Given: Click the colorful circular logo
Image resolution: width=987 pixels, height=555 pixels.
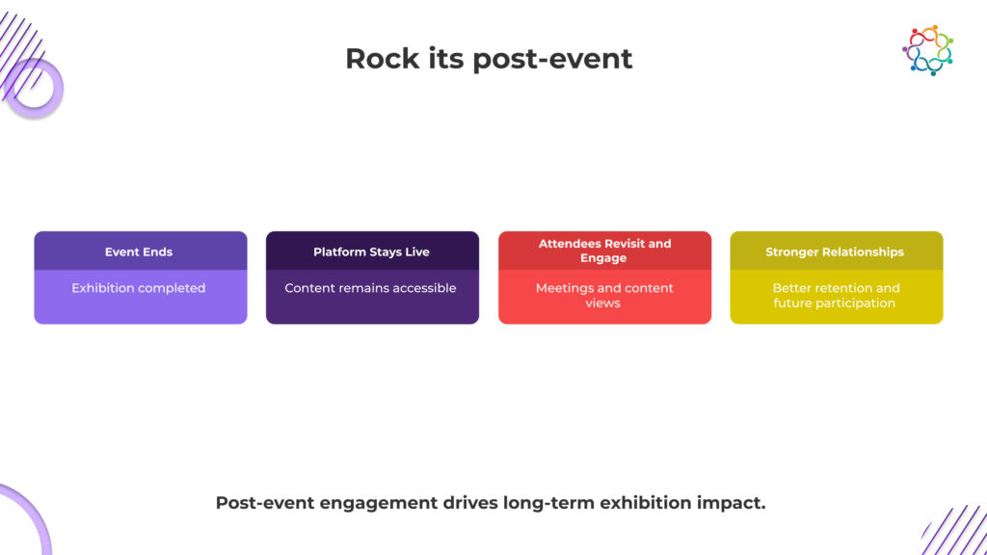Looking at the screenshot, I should point(927,50).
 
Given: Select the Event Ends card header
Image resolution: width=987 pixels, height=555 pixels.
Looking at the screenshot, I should point(139,251).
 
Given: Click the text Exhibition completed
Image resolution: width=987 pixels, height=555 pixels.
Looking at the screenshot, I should point(139,288).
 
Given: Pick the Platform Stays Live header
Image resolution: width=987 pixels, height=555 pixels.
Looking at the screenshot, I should point(371,251).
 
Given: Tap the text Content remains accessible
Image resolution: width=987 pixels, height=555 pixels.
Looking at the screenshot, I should point(371,288).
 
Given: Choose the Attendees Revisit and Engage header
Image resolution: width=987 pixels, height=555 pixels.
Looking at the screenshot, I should point(604,251).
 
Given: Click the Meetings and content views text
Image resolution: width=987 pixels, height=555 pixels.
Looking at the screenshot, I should point(604,295).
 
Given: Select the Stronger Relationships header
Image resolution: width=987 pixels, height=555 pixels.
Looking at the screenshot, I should point(835,251).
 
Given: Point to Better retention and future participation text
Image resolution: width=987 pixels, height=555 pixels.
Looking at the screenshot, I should point(835,295).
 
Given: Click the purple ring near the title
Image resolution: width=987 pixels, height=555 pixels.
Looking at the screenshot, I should point(35,88).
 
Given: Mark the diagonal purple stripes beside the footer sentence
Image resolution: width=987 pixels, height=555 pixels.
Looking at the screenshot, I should point(952,533).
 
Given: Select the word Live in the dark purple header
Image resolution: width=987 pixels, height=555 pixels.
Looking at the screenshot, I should point(416,251).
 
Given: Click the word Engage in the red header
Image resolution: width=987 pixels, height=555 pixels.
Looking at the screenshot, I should point(603,258).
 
